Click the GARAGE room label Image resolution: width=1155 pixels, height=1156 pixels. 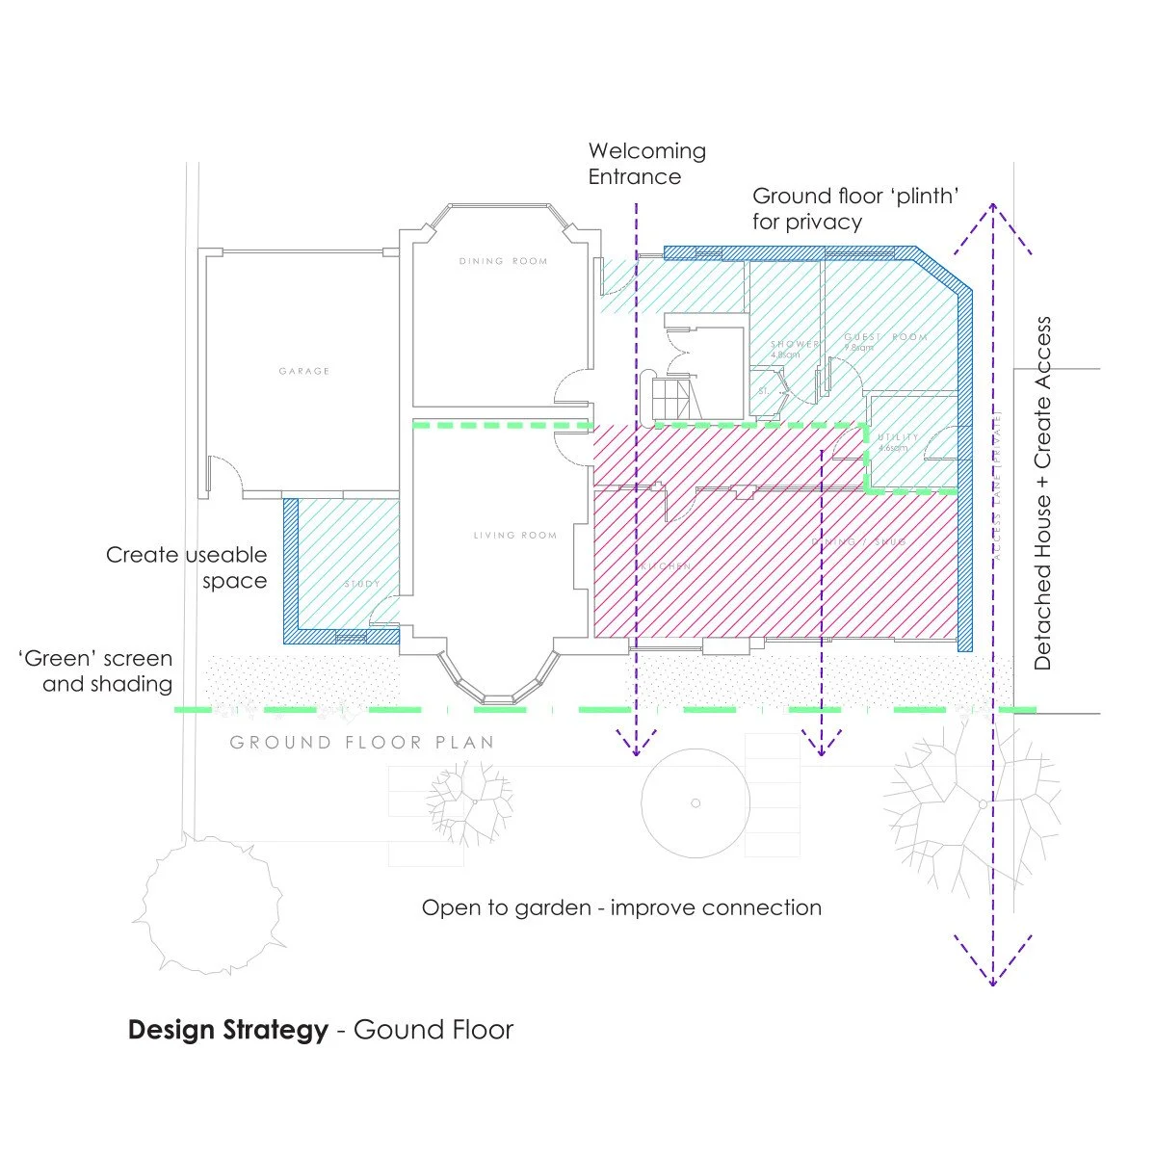coord(304,371)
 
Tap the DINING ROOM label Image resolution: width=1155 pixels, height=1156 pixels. coord(503,261)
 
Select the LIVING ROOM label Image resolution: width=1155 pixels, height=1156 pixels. coord(514,536)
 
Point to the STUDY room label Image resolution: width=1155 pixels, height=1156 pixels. coord(362,584)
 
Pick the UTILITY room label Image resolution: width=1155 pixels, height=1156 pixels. coord(897,437)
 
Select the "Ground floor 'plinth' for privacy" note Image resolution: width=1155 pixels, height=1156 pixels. coord(855,209)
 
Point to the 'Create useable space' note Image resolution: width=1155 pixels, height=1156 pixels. coord(187,567)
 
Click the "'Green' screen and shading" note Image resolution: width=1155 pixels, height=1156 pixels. coord(96,671)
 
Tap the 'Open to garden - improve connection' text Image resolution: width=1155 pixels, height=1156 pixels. coord(621,907)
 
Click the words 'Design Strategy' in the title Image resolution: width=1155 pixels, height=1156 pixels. coord(227,1030)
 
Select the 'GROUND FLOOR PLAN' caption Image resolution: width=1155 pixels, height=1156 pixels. coord(362,743)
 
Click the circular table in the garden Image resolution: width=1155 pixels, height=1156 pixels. coord(696,803)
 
